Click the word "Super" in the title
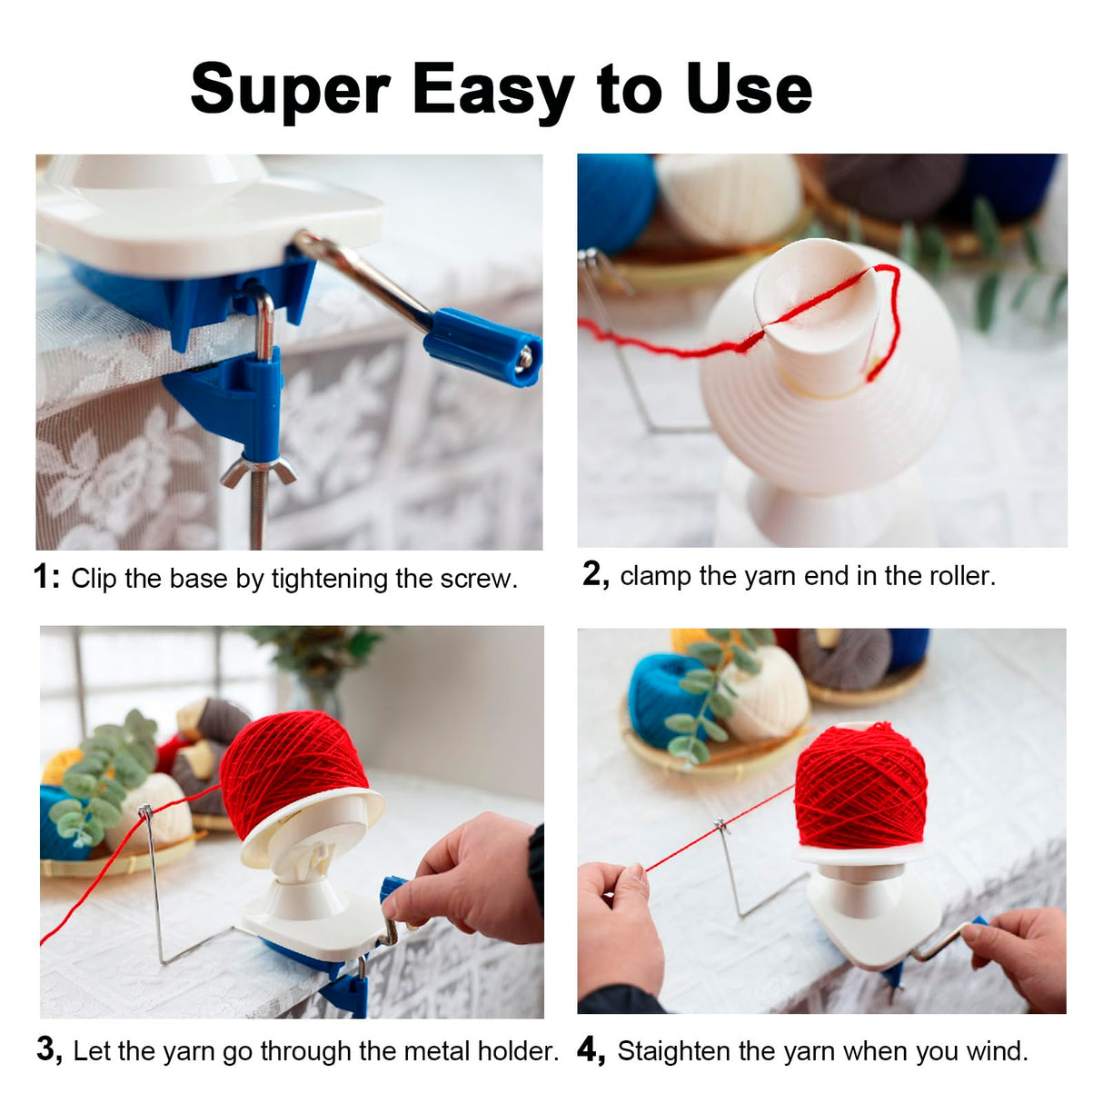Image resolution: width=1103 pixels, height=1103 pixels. pyautogui.click(x=290, y=90)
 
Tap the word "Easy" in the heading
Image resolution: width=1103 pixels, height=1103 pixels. pyautogui.click(x=492, y=90)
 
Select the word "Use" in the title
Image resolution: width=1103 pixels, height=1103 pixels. pyautogui.click(x=749, y=90)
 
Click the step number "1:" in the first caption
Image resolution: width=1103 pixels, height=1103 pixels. pyautogui.click(x=46, y=577)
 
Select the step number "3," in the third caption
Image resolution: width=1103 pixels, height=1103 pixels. pyautogui.click(x=50, y=1049)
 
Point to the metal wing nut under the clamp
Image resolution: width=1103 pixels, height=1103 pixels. pyautogui.click(x=258, y=471)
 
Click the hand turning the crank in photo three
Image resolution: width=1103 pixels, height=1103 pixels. pyautogui.click(x=472, y=877)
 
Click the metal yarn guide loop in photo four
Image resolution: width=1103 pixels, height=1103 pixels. pyautogui.click(x=722, y=827)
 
